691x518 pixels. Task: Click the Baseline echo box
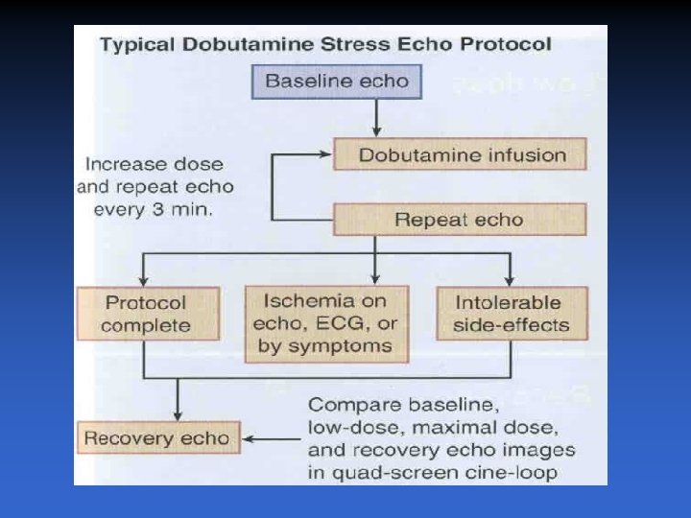pos(336,81)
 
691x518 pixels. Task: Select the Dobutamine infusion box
pos(461,154)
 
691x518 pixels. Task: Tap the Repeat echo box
pos(459,220)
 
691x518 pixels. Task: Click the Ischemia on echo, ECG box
pos(327,323)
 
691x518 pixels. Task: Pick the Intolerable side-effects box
pos(509,314)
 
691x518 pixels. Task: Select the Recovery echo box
pos(156,439)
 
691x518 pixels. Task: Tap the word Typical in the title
pos(138,44)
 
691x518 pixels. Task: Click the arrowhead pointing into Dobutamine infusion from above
pos(377,129)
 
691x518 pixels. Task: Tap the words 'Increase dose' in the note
pos(154,164)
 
